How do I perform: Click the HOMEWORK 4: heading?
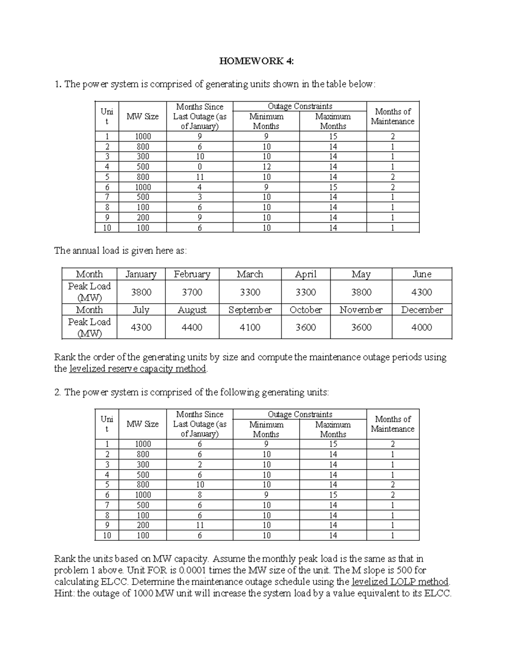[257, 61]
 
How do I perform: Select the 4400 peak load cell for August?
[192, 328]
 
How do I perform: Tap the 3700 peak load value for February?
[192, 292]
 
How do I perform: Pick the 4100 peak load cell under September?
[250, 328]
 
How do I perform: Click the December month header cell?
[421, 310]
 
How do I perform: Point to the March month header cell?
[250, 274]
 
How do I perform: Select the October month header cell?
[306, 310]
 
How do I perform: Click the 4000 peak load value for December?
[421, 328]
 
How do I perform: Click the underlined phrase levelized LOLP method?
[400, 582]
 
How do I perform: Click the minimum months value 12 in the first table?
[266, 167]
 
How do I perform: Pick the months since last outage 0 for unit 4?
[200, 167]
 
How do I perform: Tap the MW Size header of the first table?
[143, 117]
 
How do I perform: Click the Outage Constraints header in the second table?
[300, 414]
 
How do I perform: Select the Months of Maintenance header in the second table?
[393, 424]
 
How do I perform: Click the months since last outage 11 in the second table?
[200, 525]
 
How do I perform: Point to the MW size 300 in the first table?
[143, 157]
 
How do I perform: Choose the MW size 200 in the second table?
[143, 525]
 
